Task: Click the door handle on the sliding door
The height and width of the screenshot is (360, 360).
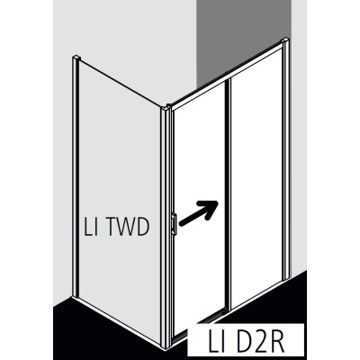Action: click(x=175, y=224)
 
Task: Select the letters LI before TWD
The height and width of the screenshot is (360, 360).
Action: click(x=90, y=227)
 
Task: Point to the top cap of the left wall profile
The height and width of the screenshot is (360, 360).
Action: click(x=76, y=57)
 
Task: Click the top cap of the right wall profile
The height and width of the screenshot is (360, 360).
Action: click(x=284, y=40)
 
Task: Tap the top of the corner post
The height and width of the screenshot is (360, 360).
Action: click(x=166, y=107)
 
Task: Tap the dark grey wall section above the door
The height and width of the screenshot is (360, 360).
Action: click(x=244, y=39)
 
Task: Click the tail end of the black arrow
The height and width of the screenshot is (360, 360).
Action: click(x=181, y=223)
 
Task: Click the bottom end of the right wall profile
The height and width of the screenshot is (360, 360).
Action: click(x=286, y=276)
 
